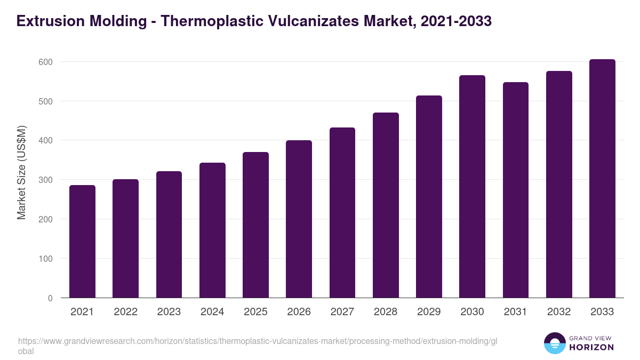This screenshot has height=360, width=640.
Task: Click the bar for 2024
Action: point(212,230)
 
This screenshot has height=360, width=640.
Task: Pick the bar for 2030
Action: point(472,186)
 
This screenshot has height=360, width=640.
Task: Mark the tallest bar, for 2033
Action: point(602,178)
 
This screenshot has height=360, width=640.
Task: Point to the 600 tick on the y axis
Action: point(45,62)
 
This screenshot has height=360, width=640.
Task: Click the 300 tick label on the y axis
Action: point(45,180)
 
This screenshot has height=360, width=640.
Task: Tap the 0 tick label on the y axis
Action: point(50,298)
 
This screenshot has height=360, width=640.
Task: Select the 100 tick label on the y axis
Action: point(45,259)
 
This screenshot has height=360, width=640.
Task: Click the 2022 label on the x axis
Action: point(125,312)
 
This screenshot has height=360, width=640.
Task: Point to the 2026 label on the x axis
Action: point(299,312)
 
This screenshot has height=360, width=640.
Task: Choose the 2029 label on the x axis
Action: point(429,312)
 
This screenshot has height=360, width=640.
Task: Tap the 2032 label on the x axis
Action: point(559,312)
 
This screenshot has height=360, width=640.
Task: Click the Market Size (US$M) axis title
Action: point(21,172)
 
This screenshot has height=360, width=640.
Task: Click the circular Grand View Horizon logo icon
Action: point(554,343)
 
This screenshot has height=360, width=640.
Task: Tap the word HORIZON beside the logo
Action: point(592,347)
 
